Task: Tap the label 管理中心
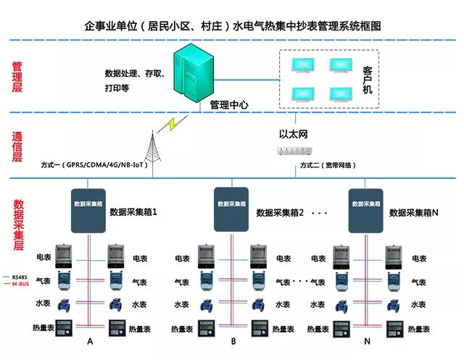(229, 104)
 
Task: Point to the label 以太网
(294, 134)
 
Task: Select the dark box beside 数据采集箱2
(231, 207)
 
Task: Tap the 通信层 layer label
(17, 147)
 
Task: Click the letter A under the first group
(90, 341)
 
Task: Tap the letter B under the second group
(233, 341)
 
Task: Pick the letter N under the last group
(368, 341)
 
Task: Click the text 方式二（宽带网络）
(328, 165)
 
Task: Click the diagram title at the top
(233, 25)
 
